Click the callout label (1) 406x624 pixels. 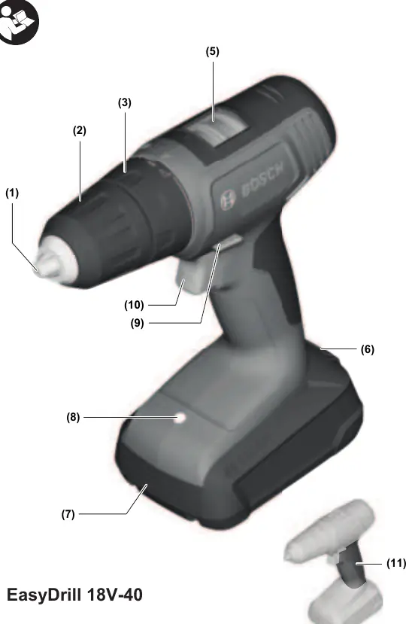12,193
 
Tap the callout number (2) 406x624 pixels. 80,130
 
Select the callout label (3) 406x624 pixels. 125,102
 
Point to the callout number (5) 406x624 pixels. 212,51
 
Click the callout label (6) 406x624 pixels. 368,349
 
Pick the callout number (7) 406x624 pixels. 68,514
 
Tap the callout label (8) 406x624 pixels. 73,418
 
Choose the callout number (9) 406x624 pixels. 137,323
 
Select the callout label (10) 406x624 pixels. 134,306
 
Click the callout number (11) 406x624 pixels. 396,564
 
